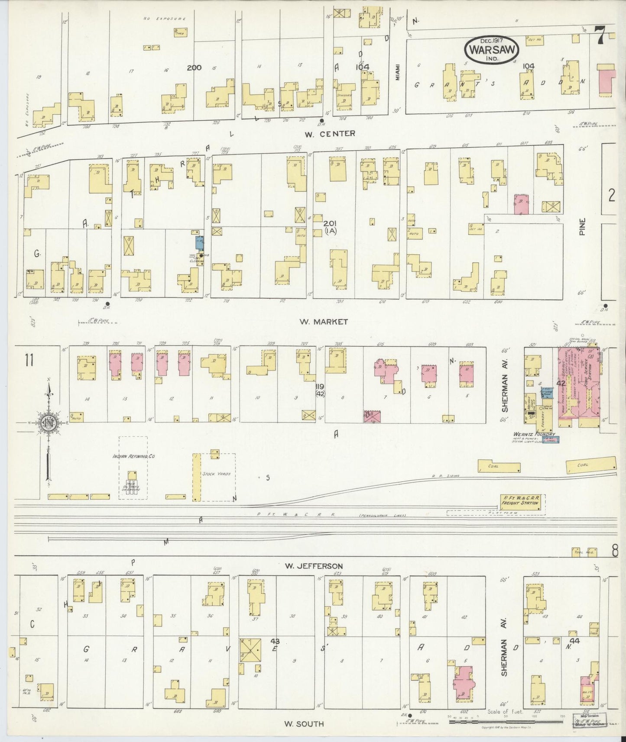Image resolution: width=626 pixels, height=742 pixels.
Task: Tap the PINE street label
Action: [583, 226]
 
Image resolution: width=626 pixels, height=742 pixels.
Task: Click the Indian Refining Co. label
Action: [133, 456]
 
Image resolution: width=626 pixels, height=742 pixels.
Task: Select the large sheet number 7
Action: [600, 35]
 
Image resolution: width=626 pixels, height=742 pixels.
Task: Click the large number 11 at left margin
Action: [29, 360]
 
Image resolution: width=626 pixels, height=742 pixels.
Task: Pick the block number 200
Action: [195, 68]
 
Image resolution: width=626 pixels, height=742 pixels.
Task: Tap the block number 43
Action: [274, 640]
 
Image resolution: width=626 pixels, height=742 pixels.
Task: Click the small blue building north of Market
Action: [199, 242]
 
